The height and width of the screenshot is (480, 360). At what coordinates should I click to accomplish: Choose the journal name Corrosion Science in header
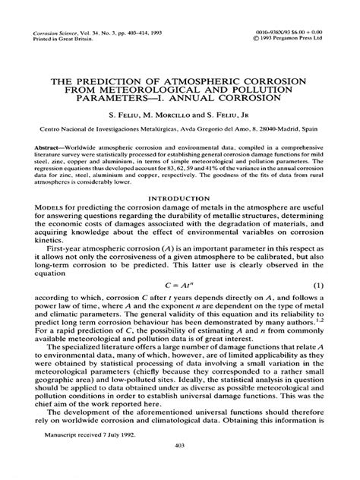click(x=59, y=35)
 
